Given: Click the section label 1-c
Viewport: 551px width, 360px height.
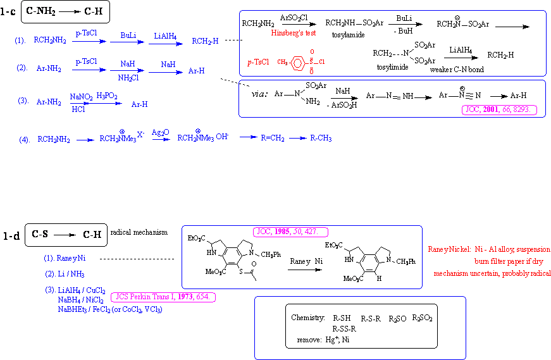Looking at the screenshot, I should pyautogui.click(x=9, y=11).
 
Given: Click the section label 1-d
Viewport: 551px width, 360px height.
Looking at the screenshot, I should pyautogui.click(x=11, y=235).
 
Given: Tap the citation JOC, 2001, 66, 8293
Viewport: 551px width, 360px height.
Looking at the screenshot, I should pyautogui.click(x=500, y=109).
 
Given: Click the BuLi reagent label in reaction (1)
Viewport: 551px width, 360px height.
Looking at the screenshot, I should pyautogui.click(x=129, y=36).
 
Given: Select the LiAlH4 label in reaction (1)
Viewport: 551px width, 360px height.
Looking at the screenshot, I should pyautogui.click(x=166, y=36).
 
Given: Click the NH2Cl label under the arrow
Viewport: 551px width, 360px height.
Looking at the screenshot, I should pyautogui.click(x=128, y=77).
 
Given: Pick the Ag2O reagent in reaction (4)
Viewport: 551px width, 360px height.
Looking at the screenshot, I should pyautogui.click(x=161, y=130).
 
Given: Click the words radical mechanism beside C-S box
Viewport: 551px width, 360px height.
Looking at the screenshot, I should pyautogui.click(x=139, y=232).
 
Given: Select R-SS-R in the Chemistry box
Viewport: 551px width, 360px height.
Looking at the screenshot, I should pyautogui.click(x=345, y=328).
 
